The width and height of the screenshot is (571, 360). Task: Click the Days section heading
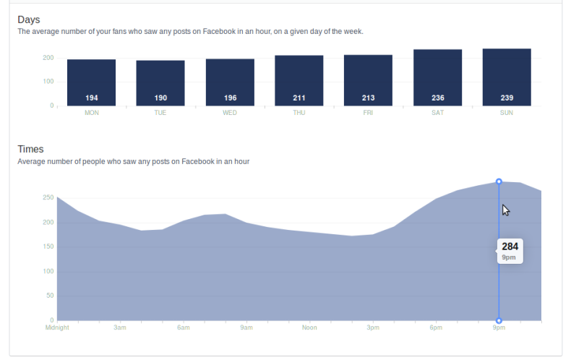pyautogui.click(x=28, y=20)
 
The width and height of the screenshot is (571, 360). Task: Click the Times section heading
pyautogui.click(x=30, y=150)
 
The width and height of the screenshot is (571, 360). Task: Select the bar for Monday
pyautogui.click(x=91, y=82)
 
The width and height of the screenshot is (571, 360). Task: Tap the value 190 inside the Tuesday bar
pyautogui.click(x=160, y=98)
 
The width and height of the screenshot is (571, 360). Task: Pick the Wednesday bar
pyautogui.click(x=230, y=82)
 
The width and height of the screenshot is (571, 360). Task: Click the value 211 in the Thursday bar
pyautogui.click(x=299, y=98)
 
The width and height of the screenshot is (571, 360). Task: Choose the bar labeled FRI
pyautogui.click(x=368, y=80)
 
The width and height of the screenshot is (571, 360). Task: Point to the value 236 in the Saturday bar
pyautogui.click(x=437, y=98)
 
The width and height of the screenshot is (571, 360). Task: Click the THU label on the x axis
pyautogui.click(x=299, y=113)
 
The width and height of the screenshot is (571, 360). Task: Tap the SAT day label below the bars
pyautogui.click(x=437, y=113)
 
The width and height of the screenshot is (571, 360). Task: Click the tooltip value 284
pyautogui.click(x=510, y=247)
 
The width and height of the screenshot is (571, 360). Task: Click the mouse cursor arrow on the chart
pyautogui.click(x=506, y=210)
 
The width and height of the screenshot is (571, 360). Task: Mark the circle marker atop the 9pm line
pyautogui.click(x=499, y=181)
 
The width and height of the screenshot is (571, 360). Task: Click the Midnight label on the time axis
pyautogui.click(x=57, y=327)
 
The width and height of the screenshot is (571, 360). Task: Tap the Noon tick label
pyautogui.click(x=309, y=327)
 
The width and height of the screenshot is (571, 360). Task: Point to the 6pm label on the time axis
pyautogui.click(x=435, y=327)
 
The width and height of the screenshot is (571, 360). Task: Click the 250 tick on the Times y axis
pyautogui.click(x=48, y=197)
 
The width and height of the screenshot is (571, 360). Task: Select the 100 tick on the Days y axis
pyautogui.click(x=48, y=82)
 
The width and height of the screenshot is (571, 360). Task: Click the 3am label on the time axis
pyautogui.click(x=120, y=327)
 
